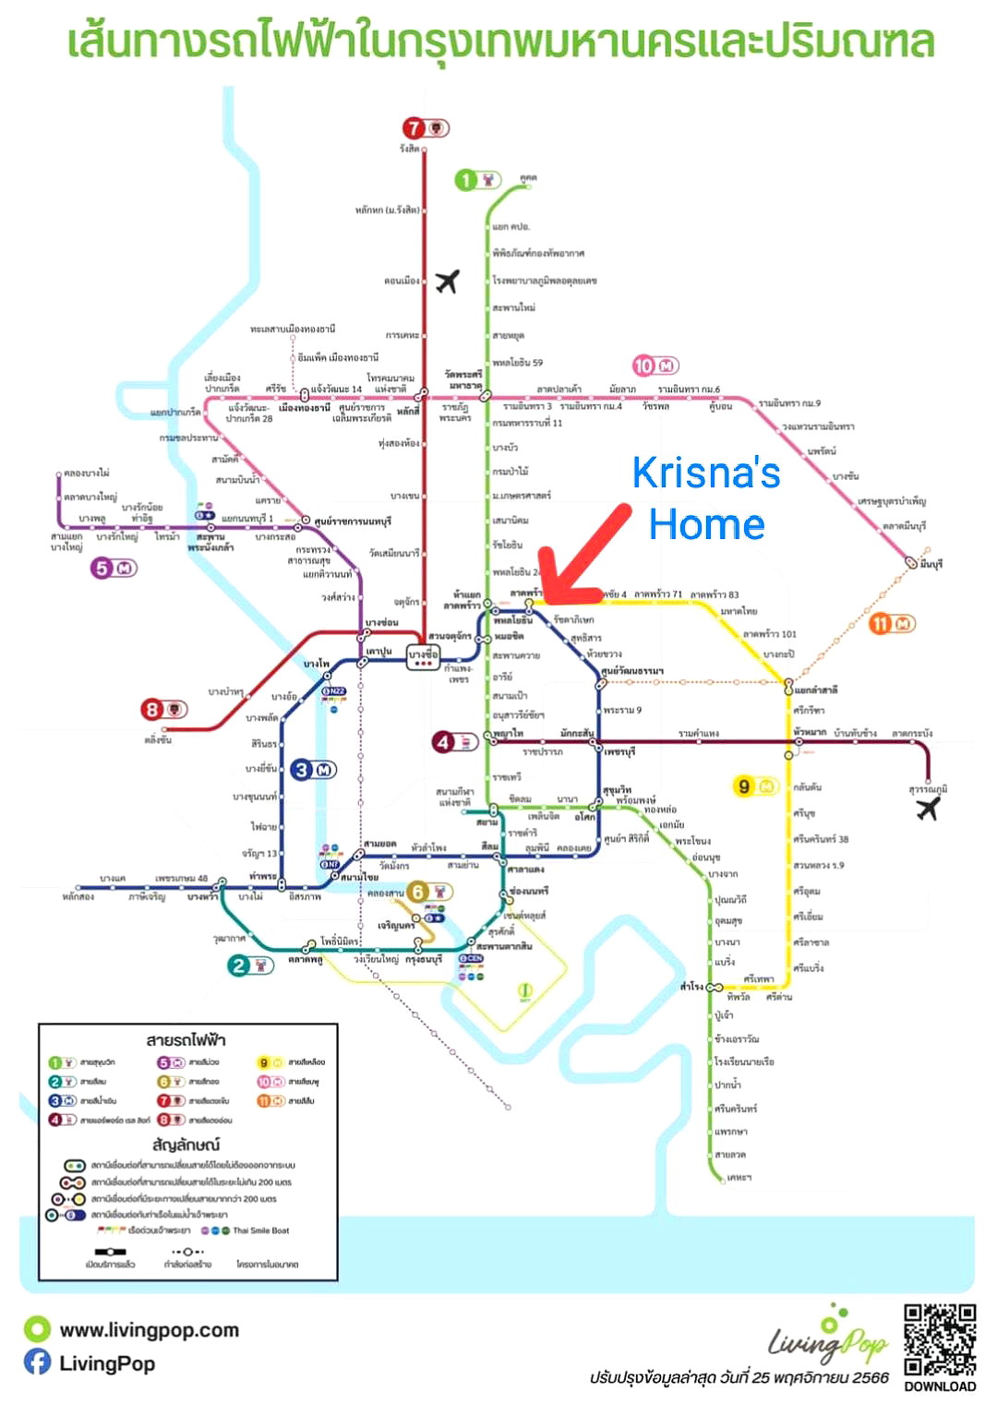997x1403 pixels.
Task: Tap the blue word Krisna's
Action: [x=706, y=473]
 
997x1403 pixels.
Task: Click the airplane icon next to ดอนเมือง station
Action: [x=448, y=281]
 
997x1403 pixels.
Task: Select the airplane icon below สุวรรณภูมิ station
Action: [x=927, y=809]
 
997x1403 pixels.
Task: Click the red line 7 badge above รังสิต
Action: [x=425, y=128]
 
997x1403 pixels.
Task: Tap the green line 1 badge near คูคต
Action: [x=477, y=179]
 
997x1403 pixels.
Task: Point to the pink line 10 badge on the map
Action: [x=655, y=366]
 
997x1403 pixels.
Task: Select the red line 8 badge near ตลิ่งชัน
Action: [x=163, y=710]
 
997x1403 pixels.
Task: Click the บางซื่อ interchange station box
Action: [x=424, y=656]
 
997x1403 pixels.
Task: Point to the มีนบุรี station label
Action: [x=930, y=564]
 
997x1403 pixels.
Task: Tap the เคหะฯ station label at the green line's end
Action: [x=739, y=1178]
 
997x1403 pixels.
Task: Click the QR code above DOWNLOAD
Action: [x=940, y=1340]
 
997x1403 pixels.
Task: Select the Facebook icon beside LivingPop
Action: [x=37, y=1362]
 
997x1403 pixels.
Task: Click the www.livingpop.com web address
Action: [x=149, y=1330]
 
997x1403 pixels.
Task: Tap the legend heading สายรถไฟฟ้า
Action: [x=186, y=1040]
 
